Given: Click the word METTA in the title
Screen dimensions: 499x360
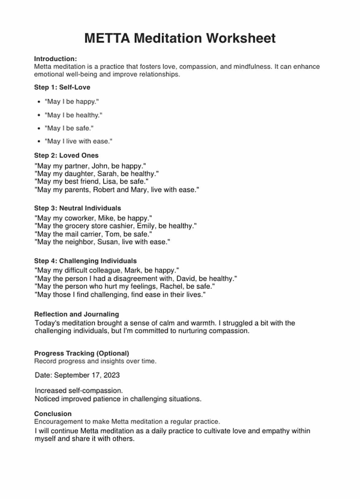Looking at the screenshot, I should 107,38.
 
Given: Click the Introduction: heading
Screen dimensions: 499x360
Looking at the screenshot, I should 55,59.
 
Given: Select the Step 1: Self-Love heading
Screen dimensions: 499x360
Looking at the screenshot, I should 62,87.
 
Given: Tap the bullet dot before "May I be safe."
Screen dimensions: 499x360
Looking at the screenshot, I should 39,129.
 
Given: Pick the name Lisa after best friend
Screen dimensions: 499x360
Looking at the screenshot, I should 109,182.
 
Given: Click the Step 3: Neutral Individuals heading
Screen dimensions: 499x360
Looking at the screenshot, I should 77,208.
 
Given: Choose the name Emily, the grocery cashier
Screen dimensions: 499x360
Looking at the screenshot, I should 146,226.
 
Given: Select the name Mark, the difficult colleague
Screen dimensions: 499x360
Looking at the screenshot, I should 132,271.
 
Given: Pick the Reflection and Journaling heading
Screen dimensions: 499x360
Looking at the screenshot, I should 77,314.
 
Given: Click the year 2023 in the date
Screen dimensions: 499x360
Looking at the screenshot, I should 112,375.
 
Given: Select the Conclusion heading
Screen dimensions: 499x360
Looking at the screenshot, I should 53,414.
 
